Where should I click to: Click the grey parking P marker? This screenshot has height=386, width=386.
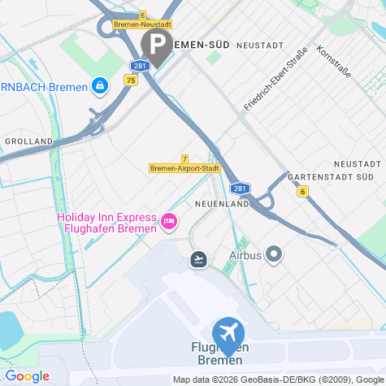pyautogui.click(x=156, y=43)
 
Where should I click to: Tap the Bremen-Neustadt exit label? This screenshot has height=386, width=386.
pyautogui.click(x=143, y=25)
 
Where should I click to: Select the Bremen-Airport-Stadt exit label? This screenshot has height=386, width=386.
pyautogui.click(x=185, y=168)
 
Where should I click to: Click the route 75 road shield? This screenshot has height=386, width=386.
pyautogui.click(x=131, y=80)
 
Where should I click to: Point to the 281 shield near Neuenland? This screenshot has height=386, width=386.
pyautogui.click(x=245, y=188)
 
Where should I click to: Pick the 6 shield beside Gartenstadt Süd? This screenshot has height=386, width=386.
pyautogui.click(x=302, y=192)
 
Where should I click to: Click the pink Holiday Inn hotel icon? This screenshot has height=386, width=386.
pyautogui.click(x=169, y=220)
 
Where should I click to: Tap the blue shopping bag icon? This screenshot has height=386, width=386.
pyautogui.click(x=99, y=85)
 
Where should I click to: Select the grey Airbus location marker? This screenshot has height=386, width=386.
pyautogui.click(x=274, y=255)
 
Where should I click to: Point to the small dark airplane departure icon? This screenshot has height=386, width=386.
pyautogui.click(x=198, y=259)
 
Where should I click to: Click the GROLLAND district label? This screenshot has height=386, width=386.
pyautogui.click(x=28, y=141)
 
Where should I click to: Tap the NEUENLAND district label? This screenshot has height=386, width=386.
pyautogui.click(x=221, y=203)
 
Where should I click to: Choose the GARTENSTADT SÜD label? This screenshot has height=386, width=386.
pyautogui.click(x=330, y=176)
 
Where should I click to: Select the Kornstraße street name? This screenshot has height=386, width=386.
pyautogui.click(x=333, y=62)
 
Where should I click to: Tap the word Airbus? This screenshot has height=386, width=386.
pyautogui.click(x=245, y=255)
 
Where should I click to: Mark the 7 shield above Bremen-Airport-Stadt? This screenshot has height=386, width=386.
pyautogui.click(x=185, y=158)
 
